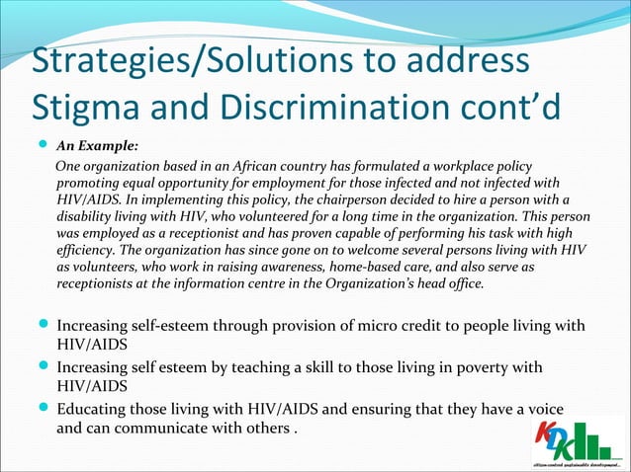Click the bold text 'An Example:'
point(97,146)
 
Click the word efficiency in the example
point(90,251)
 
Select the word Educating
point(95,410)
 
